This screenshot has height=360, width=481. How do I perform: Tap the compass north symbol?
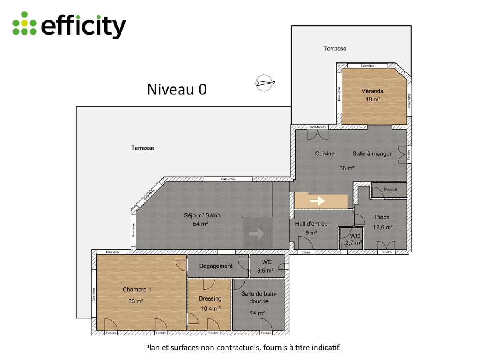265,83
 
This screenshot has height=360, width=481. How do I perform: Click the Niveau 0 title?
177,89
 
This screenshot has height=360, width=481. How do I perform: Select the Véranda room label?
372,91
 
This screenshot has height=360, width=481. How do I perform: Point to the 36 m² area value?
347,168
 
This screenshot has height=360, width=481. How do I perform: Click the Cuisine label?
325,153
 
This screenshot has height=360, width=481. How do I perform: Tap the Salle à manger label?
372,154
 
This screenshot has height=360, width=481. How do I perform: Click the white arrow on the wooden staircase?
317,201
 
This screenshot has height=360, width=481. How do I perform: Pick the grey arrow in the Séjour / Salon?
257,234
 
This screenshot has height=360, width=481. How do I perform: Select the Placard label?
390,189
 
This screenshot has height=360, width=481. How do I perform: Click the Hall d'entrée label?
311,224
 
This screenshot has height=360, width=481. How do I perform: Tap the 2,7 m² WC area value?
354,243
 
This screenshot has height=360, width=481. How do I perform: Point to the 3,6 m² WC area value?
265,271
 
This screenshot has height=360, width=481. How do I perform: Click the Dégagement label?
216,266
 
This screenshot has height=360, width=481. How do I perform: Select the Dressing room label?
210,298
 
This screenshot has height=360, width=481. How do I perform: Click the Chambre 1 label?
136,289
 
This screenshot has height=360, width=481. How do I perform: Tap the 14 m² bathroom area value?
257,313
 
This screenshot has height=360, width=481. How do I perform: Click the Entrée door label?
306,252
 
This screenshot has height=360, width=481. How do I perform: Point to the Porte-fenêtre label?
317,127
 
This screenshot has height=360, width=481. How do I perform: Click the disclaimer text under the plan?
243,348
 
